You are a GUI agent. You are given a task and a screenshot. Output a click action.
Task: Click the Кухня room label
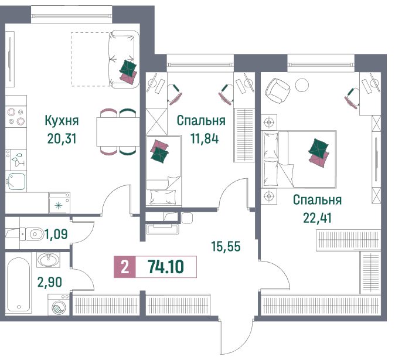[62, 121]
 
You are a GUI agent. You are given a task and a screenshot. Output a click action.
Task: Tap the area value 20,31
[62, 138]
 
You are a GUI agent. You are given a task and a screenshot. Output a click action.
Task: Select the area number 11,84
[205, 138]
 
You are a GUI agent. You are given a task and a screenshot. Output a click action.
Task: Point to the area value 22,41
[317, 218]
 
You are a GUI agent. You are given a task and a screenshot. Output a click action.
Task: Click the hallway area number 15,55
[226, 246]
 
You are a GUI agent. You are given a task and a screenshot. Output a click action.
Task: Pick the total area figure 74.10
[166, 267]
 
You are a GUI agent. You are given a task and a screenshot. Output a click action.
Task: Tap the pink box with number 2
[125, 267]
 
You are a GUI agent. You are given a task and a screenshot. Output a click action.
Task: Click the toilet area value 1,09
[56, 234]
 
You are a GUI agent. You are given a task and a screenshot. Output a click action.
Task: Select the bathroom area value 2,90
[50, 282]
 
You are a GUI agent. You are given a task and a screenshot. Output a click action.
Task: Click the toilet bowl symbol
[32, 234]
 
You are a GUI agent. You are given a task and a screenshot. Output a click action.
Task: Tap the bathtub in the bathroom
[19, 284]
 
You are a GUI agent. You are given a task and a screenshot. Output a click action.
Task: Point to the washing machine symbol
[59, 305]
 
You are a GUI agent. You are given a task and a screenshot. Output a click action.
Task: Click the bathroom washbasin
[49, 259]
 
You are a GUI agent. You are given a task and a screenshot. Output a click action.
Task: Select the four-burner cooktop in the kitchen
[16, 116]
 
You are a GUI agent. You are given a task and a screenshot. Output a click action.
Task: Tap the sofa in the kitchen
[124, 59]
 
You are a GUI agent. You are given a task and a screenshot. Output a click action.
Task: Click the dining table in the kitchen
[118, 132]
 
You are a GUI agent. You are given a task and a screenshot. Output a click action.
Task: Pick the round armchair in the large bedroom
[277, 91]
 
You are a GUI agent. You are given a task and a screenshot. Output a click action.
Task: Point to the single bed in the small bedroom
[164, 171]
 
